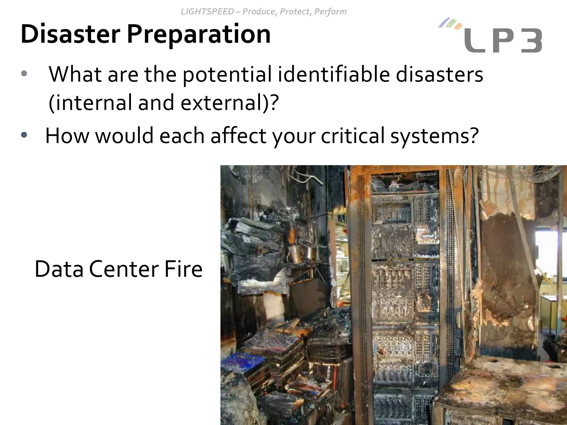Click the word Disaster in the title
[70, 34]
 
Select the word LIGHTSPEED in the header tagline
[207, 12]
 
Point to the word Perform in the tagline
[330, 12]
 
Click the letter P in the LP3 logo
[503, 41]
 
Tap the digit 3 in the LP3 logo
[531, 41]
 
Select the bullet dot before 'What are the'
[24, 74]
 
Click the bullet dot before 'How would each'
[24, 135]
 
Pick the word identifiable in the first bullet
[334, 75]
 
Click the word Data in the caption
[59, 269]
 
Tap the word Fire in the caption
[183, 269]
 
